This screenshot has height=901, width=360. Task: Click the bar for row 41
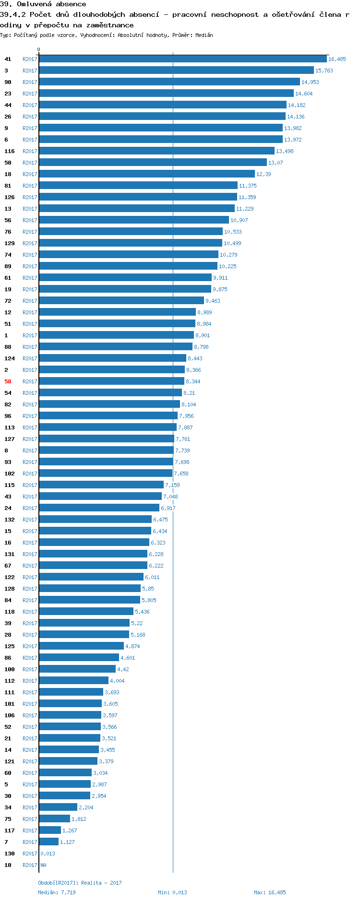182,59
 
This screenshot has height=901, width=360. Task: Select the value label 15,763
324,71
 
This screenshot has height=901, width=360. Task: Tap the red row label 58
8,381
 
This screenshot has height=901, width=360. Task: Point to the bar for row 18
146,174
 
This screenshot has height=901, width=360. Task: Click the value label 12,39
264,174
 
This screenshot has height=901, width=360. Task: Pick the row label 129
10,243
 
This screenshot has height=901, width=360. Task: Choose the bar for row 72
121,301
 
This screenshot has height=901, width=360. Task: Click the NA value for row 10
43,865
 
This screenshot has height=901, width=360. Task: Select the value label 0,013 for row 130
48,854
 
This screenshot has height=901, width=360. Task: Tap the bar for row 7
48,842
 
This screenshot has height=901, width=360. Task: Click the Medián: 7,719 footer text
57,892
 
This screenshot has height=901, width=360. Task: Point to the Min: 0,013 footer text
172,892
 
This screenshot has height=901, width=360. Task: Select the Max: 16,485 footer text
270,892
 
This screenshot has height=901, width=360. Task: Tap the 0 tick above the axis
39,49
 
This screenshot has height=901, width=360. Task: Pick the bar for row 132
95,520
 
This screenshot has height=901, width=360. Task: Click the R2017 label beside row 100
30,669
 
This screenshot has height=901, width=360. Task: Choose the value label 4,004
117,681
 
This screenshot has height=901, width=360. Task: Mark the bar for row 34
58,807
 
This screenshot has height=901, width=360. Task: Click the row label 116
10,151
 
